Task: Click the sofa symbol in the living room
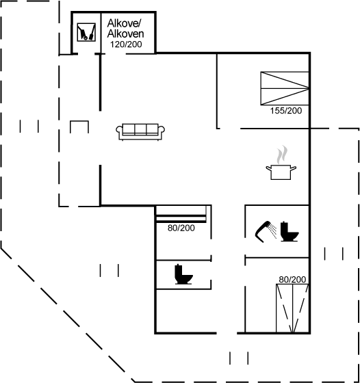(140, 132)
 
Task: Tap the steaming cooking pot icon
(281, 163)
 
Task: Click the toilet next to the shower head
(289, 232)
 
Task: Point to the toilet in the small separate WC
(184, 274)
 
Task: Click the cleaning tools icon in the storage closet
(86, 32)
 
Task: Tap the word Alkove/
(124, 23)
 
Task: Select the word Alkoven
(125, 34)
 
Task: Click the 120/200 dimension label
(126, 44)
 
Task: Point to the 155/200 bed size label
(285, 111)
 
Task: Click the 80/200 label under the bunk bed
(181, 228)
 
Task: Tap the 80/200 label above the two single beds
(292, 280)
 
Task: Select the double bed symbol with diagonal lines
(285, 88)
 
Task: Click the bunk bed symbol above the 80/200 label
(181, 214)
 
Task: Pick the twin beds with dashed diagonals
(292, 308)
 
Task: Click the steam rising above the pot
(282, 155)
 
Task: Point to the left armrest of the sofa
(119, 131)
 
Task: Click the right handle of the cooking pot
(294, 168)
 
